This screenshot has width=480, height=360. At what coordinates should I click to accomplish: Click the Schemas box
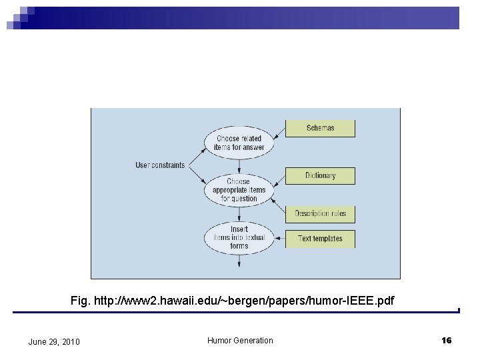[x=320, y=128]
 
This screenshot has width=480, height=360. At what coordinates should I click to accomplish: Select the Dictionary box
[x=320, y=176]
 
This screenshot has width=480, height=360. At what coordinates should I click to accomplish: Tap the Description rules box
[x=320, y=214]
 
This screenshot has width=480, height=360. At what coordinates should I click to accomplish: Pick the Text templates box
[x=320, y=239]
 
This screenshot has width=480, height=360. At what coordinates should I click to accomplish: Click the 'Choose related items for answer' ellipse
[x=239, y=143]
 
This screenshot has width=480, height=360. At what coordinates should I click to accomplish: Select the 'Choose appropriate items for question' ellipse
[x=239, y=190]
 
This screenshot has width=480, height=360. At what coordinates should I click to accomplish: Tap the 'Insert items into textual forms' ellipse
[x=239, y=237]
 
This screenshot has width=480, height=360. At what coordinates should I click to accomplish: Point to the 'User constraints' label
[x=160, y=165]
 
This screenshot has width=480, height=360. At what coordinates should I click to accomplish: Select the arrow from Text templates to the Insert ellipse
[x=281, y=239]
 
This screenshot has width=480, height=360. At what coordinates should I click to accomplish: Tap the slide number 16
[x=446, y=341]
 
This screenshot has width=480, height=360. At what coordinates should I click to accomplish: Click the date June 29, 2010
[x=54, y=342]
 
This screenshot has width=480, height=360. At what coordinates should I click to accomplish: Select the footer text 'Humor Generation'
[x=240, y=341]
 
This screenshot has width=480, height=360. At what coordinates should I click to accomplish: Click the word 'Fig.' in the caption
[x=80, y=301]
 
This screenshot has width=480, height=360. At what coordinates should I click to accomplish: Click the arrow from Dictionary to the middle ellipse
[x=281, y=181]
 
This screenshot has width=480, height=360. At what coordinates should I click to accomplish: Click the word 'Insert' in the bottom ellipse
[x=239, y=229]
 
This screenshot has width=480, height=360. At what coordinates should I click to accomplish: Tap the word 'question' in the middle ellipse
[x=239, y=199]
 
